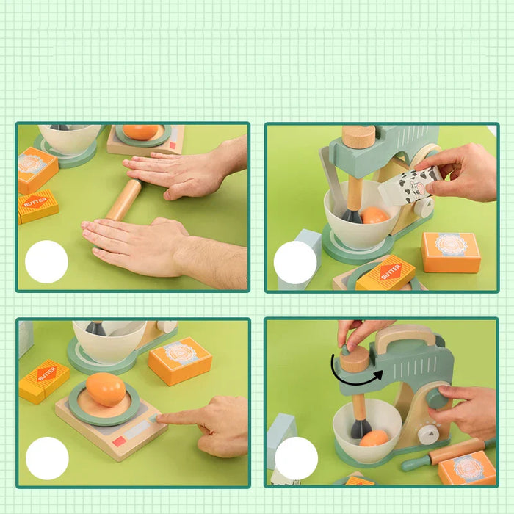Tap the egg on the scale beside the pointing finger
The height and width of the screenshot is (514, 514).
pyautogui.click(x=105, y=389)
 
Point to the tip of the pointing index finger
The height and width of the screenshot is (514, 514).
pyautogui.click(x=161, y=418)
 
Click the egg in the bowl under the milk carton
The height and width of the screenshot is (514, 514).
pyautogui.click(x=374, y=215)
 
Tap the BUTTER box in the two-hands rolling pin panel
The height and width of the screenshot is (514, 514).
pyautogui.click(x=37, y=206)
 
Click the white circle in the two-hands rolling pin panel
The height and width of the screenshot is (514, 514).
pyautogui.click(x=46, y=262)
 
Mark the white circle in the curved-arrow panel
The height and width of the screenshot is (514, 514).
pyautogui.click(x=296, y=457)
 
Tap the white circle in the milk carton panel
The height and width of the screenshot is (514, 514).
pyautogui.click(x=295, y=262)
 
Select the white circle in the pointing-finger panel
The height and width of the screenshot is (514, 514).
pyautogui.click(x=47, y=457)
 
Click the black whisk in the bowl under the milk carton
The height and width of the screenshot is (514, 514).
pyautogui.click(x=351, y=214)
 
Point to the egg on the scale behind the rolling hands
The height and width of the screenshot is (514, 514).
pyautogui.click(x=140, y=132)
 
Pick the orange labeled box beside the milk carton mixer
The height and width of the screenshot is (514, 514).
pyautogui.click(x=451, y=252)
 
